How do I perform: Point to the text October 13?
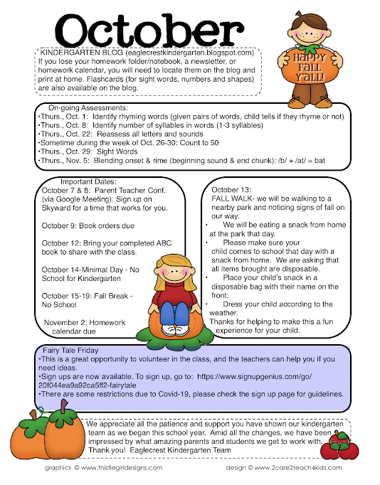(231, 189)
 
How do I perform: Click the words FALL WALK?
(231, 198)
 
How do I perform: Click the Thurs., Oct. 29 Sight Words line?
(89, 151)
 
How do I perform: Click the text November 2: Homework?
(85, 322)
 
